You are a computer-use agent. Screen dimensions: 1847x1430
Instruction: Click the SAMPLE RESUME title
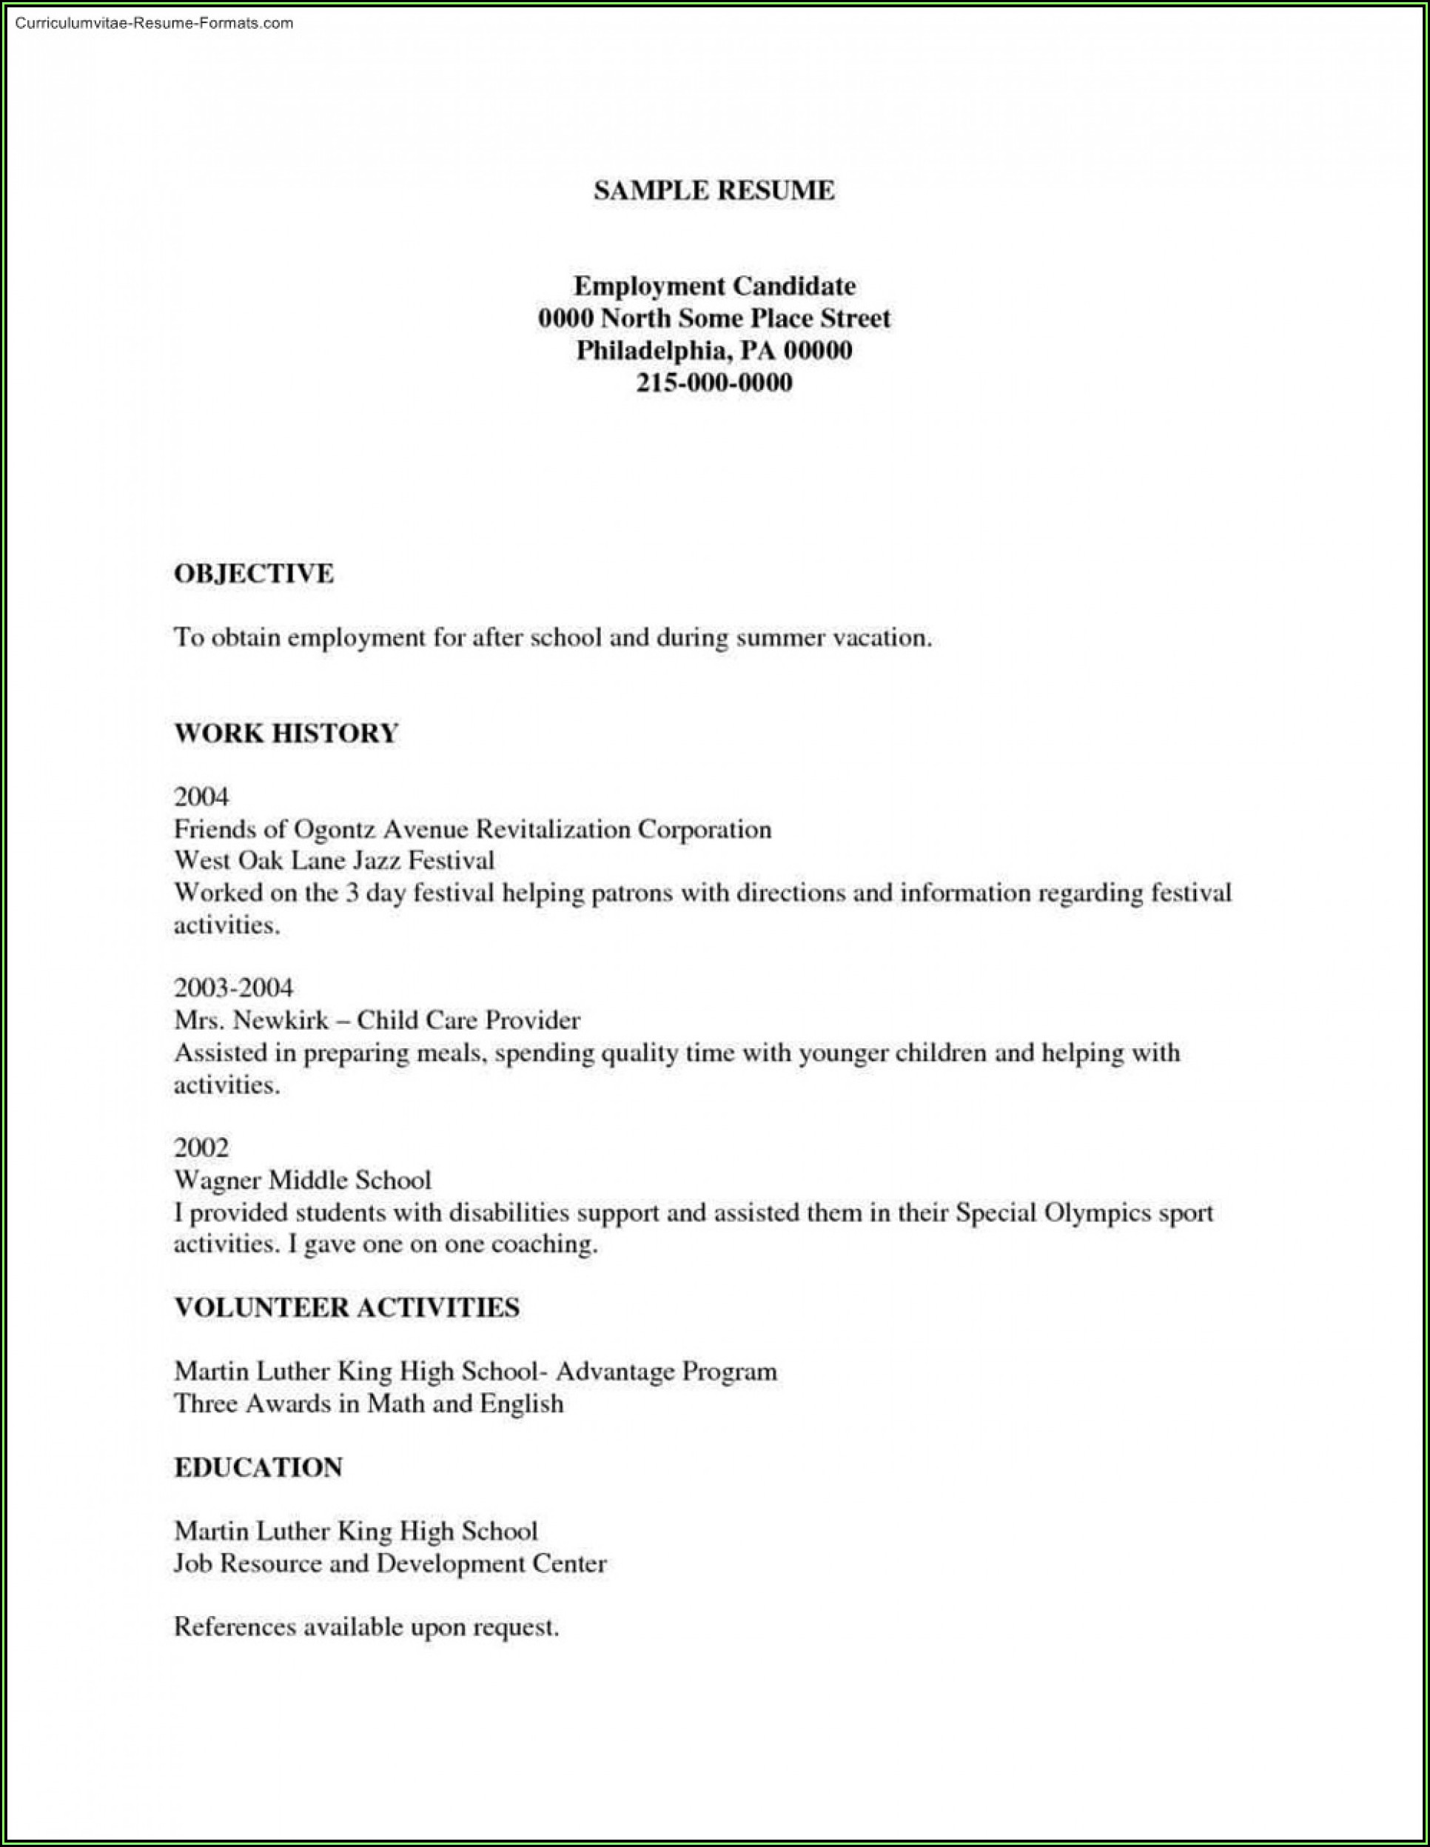[x=714, y=191]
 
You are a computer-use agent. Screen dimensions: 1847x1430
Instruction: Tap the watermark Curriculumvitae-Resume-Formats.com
[x=154, y=23]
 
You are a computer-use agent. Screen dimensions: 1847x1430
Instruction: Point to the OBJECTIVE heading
[x=254, y=574]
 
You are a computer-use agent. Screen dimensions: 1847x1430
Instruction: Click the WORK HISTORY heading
[x=286, y=732]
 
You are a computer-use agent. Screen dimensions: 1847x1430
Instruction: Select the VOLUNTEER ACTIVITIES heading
[x=346, y=1307]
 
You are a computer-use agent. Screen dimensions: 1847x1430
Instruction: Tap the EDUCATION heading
[x=258, y=1466]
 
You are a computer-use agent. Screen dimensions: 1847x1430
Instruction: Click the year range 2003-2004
[x=233, y=987]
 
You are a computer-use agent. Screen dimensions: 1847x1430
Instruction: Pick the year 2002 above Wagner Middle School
[x=201, y=1147]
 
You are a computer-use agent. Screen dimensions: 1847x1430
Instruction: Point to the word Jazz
[x=375, y=861]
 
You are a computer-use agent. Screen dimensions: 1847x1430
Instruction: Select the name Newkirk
[x=280, y=1020]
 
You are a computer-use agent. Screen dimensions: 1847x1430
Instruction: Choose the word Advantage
[x=615, y=1371]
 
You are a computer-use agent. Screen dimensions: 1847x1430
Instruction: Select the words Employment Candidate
[x=714, y=286]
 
